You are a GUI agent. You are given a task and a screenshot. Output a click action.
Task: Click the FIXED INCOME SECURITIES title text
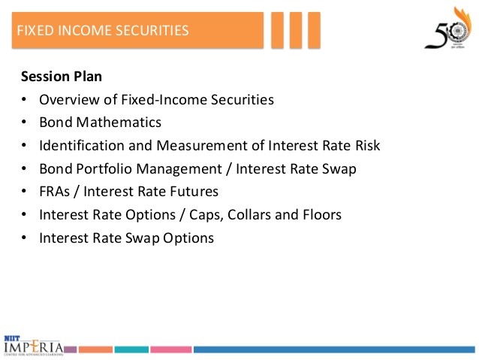[x=102, y=31]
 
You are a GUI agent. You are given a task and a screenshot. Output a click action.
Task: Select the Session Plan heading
[x=62, y=76]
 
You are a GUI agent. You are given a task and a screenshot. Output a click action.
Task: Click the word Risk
[x=366, y=146]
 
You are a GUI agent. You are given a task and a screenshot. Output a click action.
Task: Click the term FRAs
[x=55, y=192]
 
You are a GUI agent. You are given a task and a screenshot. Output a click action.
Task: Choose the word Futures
[x=194, y=192]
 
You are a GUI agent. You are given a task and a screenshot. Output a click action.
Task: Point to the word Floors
[x=322, y=215]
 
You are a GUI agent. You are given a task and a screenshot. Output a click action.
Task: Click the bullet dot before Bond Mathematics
[x=24, y=123]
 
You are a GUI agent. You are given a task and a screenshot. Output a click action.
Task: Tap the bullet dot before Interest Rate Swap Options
[x=24, y=238]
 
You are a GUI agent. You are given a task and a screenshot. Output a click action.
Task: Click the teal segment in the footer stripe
[x=132, y=349]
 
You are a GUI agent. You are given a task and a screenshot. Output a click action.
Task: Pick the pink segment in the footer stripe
[x=171, y=349]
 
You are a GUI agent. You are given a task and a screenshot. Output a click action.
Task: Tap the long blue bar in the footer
[x=334, y=349]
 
